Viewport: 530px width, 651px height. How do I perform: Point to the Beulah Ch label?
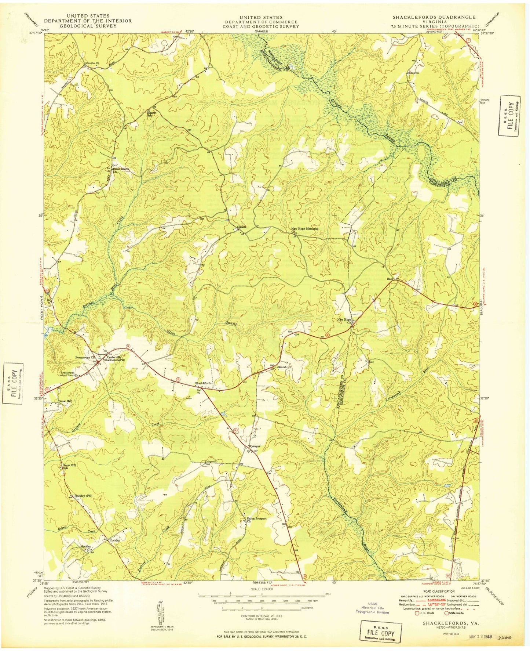(284, 367)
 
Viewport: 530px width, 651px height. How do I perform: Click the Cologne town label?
(255, 446)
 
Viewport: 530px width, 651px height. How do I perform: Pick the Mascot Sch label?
(151, 114)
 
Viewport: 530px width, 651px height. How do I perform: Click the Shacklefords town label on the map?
(203, 383)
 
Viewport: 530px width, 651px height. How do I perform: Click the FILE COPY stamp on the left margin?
(13, 383)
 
